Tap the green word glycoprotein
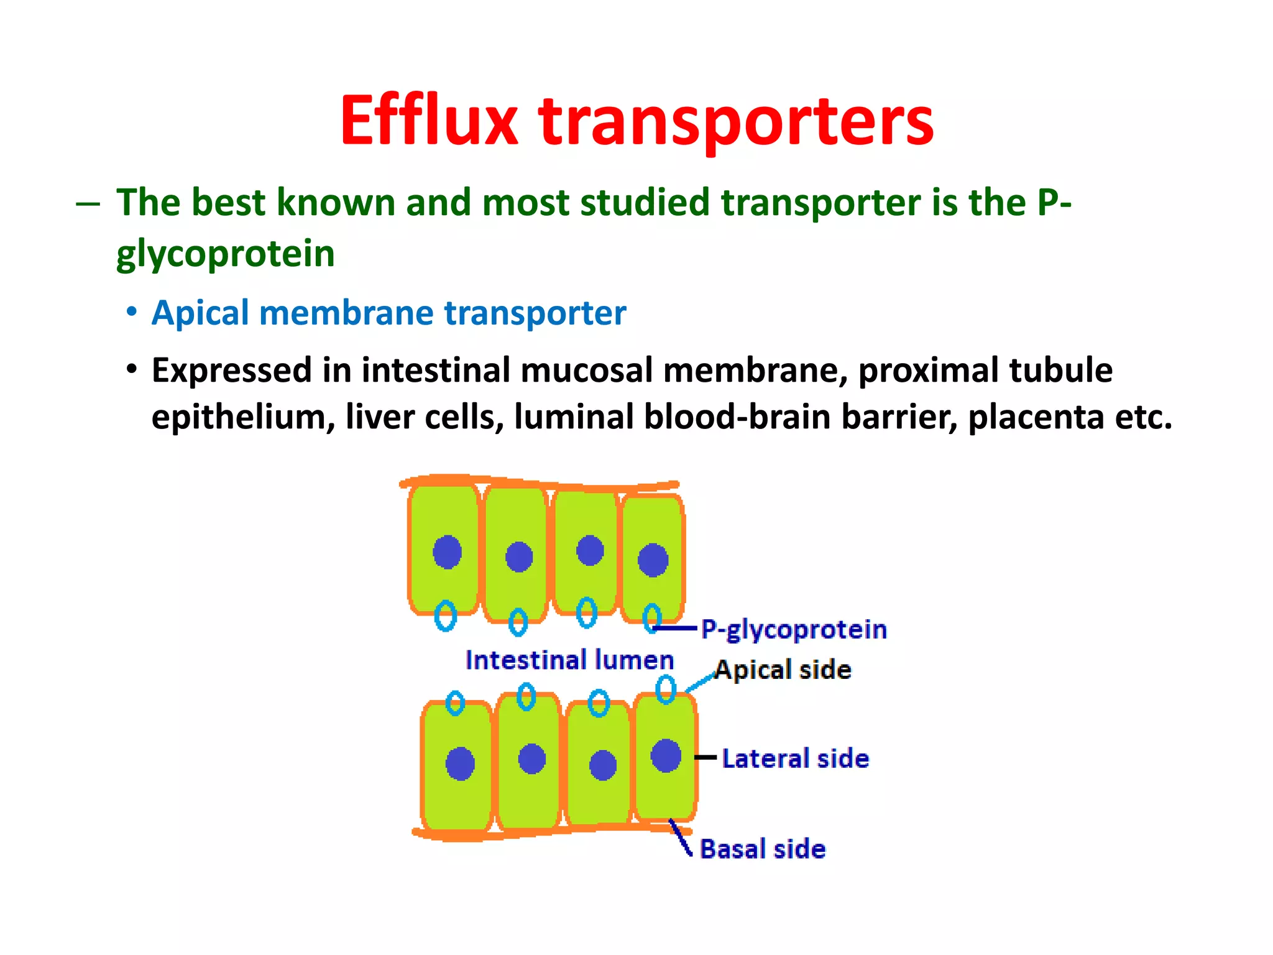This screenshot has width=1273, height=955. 226,255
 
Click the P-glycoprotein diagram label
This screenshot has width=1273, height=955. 794,630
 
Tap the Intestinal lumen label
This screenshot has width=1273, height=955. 569,660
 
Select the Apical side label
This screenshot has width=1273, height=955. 783,670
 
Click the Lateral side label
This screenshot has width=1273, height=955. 796,759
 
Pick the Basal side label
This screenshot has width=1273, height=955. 763,849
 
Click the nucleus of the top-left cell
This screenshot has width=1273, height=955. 447,551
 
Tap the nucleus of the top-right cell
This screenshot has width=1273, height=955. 653,560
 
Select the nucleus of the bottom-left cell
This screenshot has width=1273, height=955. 460,764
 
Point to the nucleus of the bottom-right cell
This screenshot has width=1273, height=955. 666,755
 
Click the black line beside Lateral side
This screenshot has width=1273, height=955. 705,757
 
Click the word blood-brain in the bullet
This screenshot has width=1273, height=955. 737,417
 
